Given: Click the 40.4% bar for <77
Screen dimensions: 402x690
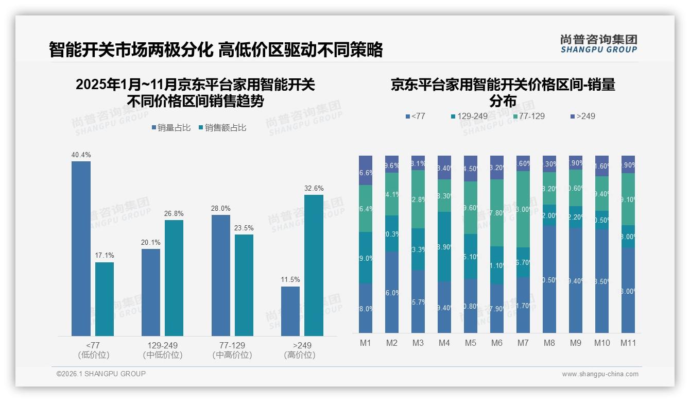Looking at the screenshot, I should pos(81,248).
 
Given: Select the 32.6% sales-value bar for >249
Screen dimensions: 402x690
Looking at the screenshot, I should pos(314,265).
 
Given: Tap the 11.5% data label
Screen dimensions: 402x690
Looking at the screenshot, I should pos(290,280).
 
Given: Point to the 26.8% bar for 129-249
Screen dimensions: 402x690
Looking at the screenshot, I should pos(174,278).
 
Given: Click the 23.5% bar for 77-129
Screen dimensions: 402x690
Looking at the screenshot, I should pos(244,285).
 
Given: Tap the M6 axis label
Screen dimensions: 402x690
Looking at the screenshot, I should pos(496,343).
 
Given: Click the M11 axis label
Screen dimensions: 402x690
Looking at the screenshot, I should pos(628,343).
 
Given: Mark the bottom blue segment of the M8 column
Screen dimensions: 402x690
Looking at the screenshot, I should pos(549,279).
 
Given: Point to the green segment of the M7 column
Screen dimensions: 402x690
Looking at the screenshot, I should pos(523,209).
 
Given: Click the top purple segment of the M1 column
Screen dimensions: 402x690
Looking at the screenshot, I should pos(366,170).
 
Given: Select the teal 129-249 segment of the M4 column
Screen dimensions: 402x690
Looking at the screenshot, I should pos(444,246).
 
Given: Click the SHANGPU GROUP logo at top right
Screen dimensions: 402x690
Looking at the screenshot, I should pos(598,44).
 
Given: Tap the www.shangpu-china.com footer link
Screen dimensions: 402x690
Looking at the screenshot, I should pos(600,374).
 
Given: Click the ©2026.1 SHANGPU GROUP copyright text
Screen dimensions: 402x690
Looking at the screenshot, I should pos(101,374).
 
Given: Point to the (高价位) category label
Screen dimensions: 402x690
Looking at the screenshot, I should pos(299,355).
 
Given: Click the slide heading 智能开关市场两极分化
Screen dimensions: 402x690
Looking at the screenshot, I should pos(131,50).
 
